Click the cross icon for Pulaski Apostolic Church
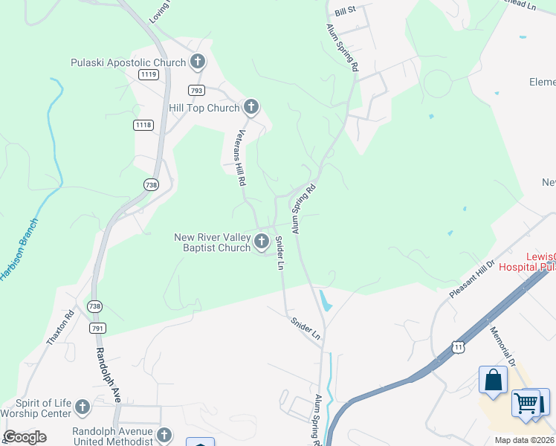(197, 62)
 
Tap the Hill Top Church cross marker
(251, 108)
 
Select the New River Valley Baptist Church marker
(261, 242)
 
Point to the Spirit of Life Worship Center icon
(83, 407)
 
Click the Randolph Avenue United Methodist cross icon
(164, 435)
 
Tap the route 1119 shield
(148, 74)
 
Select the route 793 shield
(196, 91)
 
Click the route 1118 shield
(143, 125)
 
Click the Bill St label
(346, 10)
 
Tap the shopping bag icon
(493, 380)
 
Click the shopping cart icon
(526, 403)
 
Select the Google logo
(25, 437)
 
